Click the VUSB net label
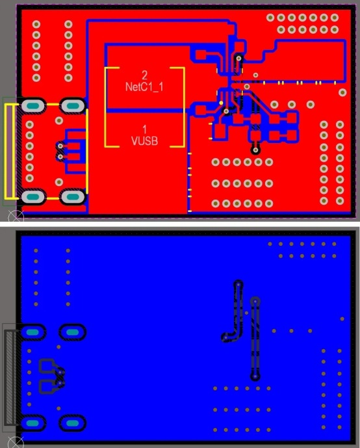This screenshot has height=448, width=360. pos(144,141)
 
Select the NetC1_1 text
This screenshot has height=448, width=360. pos(144,86)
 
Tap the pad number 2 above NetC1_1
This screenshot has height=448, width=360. pos(145,75)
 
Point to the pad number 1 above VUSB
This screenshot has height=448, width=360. pos(145,129)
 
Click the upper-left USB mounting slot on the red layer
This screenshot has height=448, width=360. pos(33,106)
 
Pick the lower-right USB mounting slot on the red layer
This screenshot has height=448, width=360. pos(73,197)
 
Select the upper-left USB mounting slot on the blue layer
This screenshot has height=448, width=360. pos(32,332)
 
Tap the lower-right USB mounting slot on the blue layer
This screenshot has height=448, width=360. pos(73,423)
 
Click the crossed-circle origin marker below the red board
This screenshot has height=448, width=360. pos(15,218)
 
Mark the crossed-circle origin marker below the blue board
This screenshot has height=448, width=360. pos(15,442)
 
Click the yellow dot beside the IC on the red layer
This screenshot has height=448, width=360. pos(221,103)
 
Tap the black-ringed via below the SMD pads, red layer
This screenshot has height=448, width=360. pos(255,150)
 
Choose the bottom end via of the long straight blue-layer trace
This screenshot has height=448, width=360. pos(255,376)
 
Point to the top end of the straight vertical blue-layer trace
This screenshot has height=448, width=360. pos(255,301)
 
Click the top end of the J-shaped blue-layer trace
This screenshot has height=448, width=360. pos(238,285)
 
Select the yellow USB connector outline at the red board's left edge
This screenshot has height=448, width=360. pos(9,152)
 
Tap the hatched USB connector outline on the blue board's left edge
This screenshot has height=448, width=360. pos(10,377)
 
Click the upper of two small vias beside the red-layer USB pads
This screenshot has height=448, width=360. pos(60,146)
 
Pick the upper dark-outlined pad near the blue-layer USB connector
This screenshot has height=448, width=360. pos(47,366)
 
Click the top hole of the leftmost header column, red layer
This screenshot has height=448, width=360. pos(36,24)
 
